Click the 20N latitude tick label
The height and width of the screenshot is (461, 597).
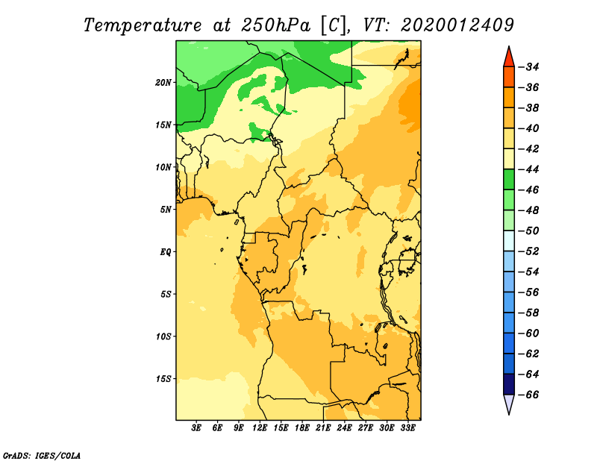(x=163, y=83)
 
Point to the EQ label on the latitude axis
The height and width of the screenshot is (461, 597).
(x=166, y=252)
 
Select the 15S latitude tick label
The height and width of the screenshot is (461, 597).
(x=163, y=379)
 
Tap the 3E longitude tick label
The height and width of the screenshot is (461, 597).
(x=196, y=428)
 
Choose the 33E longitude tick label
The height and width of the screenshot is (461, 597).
(x=407, y=428)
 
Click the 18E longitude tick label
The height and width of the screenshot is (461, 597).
(x=302, y=428)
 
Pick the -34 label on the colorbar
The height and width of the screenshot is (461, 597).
(x=529, y=67)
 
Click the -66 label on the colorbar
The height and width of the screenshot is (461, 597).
(x=529, y=395)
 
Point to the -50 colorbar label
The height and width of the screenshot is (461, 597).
(x=529, y=231)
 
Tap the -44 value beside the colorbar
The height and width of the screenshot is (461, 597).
(x=529, y=169)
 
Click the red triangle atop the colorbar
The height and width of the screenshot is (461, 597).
(x=509, y=57)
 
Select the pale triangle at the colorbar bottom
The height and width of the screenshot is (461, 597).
(x=509, y=404)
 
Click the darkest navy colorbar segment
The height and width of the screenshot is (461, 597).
(x=509, y=384)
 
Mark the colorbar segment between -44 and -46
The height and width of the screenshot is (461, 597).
(x=509, y=180)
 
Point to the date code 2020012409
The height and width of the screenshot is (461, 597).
(x=457, y=25)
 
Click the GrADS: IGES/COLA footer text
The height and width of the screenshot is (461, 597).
(x=42, y=456)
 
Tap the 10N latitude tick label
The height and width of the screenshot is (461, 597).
(x=163, y=167)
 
